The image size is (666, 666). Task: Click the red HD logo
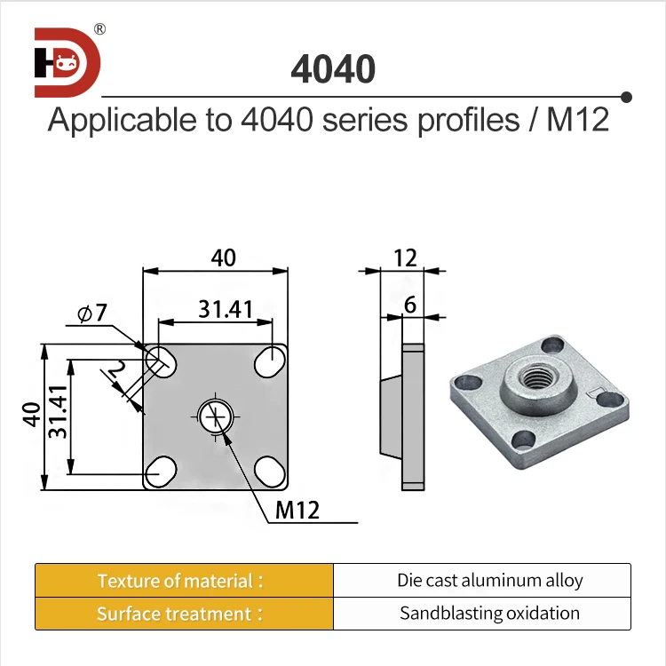67,62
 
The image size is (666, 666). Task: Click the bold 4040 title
333,69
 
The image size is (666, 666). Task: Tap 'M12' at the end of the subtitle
577,120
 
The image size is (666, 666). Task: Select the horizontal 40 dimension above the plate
223,258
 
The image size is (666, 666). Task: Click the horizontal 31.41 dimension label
226,309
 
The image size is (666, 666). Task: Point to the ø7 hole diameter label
91,313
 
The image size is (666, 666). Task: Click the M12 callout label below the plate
297,510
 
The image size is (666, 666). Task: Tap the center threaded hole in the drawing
216,416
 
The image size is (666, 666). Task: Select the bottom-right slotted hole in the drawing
270,470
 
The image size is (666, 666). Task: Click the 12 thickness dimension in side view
404,258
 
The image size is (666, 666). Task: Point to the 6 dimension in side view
409,305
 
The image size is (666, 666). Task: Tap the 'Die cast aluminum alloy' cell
489,581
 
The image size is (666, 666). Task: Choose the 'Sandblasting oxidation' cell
489,614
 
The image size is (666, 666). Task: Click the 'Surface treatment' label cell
184,614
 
